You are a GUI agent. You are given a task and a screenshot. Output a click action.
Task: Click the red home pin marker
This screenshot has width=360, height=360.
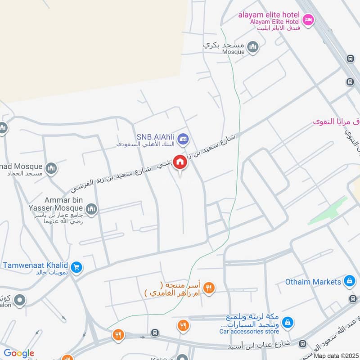(x=180, y=162)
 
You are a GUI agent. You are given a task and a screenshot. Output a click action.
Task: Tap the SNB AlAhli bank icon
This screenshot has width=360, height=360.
(x=183, y=139)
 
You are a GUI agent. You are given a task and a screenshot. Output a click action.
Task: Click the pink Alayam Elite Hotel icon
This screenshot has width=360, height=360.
(x=308, y=20)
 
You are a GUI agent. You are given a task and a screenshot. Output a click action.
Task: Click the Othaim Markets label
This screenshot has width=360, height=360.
(x=313, y=282)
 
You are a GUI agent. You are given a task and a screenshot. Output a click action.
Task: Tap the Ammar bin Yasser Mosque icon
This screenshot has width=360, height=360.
(x=91, y=209)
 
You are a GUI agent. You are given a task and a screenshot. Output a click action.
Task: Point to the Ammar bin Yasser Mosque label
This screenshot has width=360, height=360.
(x=63, y=204)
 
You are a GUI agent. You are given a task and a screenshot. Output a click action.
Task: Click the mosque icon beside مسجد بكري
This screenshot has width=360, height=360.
(x=253, y=47)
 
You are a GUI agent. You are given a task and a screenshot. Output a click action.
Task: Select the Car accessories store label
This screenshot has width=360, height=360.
(x=249, y=332)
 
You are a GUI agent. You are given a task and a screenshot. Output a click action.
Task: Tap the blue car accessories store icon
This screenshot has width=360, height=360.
(x=288, y=322)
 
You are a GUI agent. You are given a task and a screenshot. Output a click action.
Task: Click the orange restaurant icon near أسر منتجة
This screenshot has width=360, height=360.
(x=208, y=288)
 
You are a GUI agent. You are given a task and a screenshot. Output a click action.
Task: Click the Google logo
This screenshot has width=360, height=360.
(x=19, y=353)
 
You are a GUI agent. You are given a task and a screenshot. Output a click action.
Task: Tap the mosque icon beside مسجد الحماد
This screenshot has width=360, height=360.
(x=52, y=168)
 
